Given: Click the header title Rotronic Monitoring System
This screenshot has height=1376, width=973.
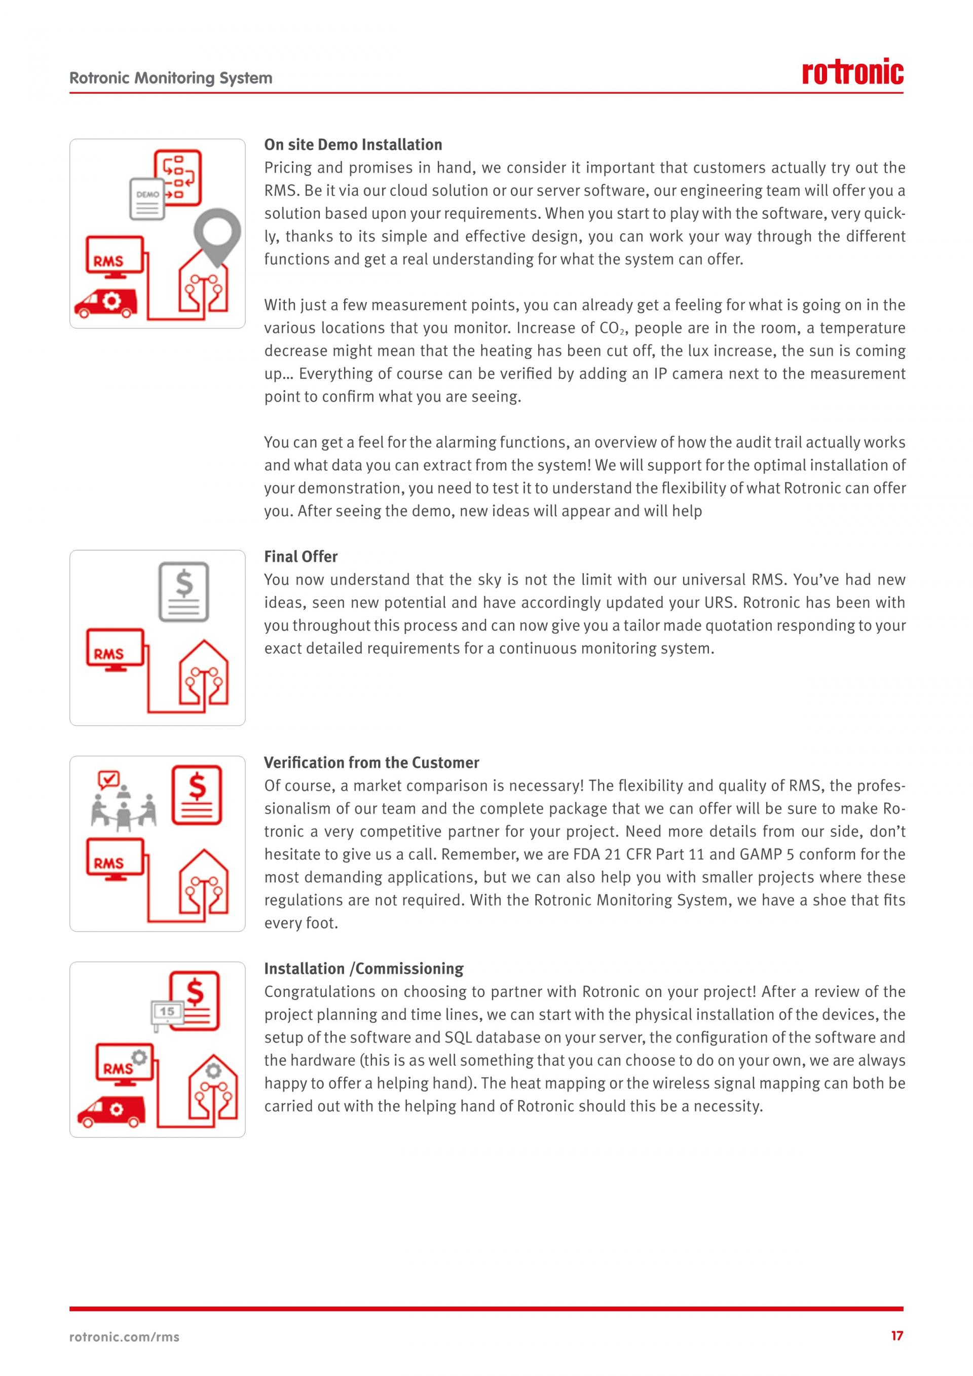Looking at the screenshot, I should (x=171, y=78).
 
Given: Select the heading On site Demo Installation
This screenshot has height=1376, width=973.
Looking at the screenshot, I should (x=353, y=144).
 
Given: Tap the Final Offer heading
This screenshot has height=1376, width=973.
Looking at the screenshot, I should (x=301, y=557).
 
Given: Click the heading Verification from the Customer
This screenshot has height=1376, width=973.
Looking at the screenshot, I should (x=371, y=762).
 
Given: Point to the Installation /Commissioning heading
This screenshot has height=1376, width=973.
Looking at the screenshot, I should (x=364, y=969).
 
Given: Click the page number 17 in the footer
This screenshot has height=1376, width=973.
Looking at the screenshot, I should (x=896, y=1336).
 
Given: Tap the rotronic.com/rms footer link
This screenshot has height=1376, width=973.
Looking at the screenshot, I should (x=125, y=1337).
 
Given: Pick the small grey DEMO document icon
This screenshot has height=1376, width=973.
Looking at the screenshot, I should (x=147, y=198).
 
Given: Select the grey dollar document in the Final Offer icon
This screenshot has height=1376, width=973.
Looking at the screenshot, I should (x=184, y=591).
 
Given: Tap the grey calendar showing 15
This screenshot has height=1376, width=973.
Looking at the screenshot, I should (x=167, y=1012).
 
